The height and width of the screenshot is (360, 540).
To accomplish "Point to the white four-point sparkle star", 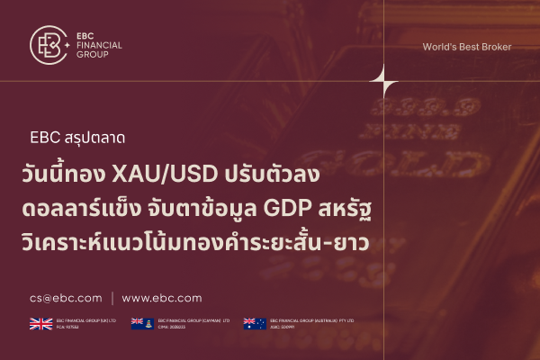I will tap(384, 82).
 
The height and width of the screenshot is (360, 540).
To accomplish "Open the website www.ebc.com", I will tap(162, 298).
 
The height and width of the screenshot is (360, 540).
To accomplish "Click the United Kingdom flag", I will tap(41, 323).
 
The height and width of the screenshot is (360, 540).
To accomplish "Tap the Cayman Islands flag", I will tap(142, 323).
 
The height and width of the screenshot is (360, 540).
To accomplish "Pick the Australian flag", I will tap(255, 323).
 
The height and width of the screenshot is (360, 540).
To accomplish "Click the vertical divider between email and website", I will tap(112, 298).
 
